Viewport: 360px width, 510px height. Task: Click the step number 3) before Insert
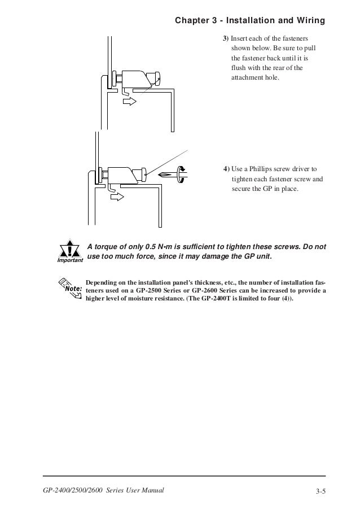(225, 38)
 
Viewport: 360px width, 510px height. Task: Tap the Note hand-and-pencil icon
(70, 287)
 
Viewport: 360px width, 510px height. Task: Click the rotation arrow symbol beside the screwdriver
(181, 173)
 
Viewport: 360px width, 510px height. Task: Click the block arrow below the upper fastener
(129, 101)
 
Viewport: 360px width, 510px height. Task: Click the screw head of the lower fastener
(145, 174)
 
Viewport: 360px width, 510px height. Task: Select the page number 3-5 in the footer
(321, 490)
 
